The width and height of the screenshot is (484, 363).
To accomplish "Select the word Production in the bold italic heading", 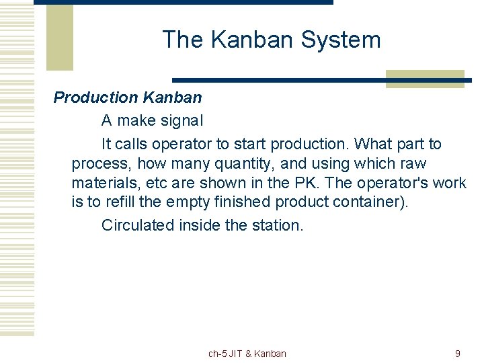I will tap(95, 97).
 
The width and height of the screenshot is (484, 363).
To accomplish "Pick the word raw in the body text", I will tap(412, 163).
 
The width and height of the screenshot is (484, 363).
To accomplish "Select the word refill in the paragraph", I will tap(124, 202).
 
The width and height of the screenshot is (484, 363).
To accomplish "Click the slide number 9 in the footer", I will tap(458, 354).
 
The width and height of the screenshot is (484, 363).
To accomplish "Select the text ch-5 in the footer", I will tap(218, 354).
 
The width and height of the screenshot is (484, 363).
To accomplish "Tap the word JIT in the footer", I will tap(236, 354).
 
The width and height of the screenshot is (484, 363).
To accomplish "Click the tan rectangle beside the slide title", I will tap(59, 37).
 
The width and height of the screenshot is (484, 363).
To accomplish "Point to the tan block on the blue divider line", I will tap(425, 79).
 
